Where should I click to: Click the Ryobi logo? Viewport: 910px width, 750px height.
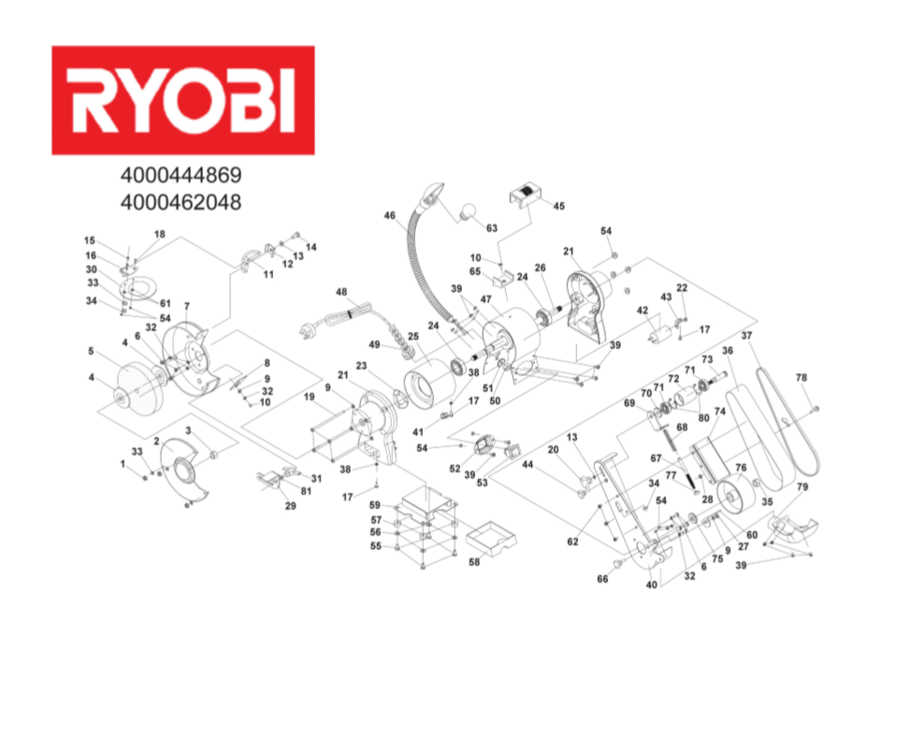coord(183,100)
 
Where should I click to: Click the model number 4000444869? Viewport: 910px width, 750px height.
coord(181,175)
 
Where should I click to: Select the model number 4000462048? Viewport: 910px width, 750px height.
coord(181,202)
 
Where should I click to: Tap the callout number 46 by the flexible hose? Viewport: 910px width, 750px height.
coord(389,215)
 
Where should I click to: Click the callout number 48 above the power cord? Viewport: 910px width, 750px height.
coord(341,292)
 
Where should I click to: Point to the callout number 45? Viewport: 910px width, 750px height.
coord(558,206)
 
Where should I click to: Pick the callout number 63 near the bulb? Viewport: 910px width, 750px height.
coord(492,228)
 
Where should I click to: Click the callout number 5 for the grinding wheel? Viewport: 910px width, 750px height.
coord(91,351)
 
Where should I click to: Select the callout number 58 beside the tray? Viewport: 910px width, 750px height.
coord(474,562)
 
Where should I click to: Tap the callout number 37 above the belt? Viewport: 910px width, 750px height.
coord(746,336)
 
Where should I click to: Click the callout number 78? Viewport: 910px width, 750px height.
coord(801,377)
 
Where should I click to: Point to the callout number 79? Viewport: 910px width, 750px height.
coord(802,486)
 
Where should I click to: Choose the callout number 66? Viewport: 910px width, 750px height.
coord(602,579)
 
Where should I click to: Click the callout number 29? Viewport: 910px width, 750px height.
coord(290,506)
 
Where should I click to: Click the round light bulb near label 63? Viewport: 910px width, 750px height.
coord(469,212)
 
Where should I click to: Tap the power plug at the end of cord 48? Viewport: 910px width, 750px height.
coord(307,331)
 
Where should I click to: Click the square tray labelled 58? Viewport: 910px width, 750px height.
coord(491,540)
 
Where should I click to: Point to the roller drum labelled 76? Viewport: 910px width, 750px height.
coord(735,491)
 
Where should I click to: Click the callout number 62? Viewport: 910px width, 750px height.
coord(572,541)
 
